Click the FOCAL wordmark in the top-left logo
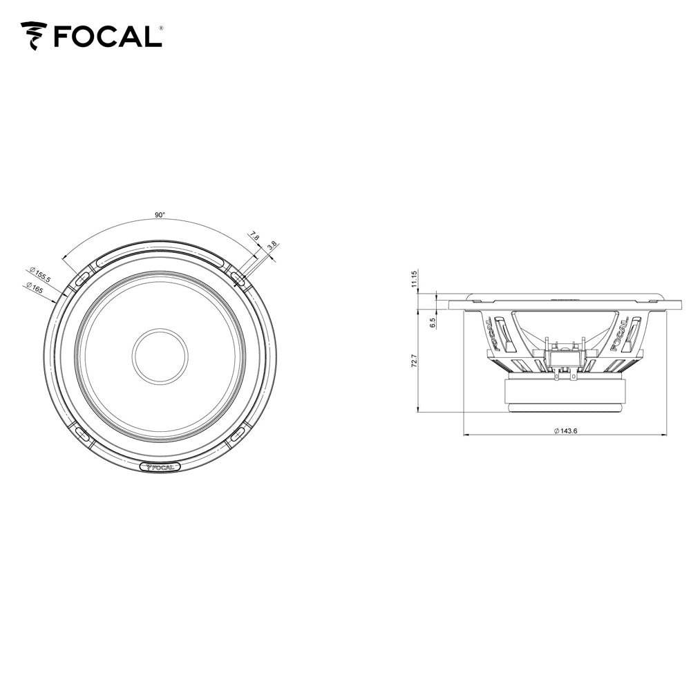(x=108, y=36)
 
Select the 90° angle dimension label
(x=160, y=216)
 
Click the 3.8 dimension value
(x=272, y=245)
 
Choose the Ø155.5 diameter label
(x=40, y=274)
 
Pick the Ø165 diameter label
(x=34, y=289)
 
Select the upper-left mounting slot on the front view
(x=81, y=278)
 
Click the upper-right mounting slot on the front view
(x=238, y=278)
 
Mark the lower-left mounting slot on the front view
(x=81, y=434)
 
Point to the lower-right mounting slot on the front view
(x=238, y=434)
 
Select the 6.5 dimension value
(x=433, y=322)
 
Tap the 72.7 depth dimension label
(x=414, y=361)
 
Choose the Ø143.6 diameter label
(x=565, y=430)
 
